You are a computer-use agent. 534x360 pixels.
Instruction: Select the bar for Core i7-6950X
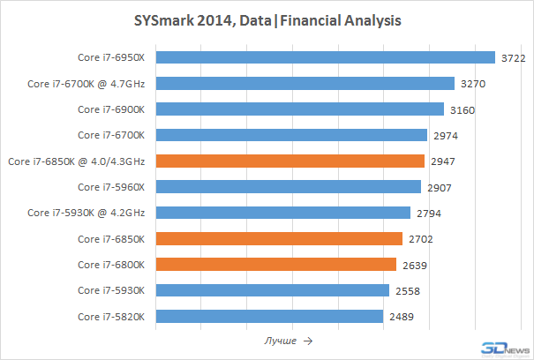(326, 58)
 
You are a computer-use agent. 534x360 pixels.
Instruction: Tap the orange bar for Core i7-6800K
(276, 264)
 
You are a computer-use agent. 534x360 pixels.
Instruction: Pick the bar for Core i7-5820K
(269, 316)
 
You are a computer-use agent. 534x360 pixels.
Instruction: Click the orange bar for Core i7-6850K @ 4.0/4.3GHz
(290, 161)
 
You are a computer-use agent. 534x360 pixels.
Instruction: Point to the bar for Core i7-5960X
(289, 187)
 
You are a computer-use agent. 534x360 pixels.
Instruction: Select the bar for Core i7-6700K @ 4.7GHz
(305, 84)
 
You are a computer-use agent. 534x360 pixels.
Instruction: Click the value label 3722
(513, 58)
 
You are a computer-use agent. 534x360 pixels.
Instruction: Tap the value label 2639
(413, 264)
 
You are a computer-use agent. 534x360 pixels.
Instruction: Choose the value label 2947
(443, 161)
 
